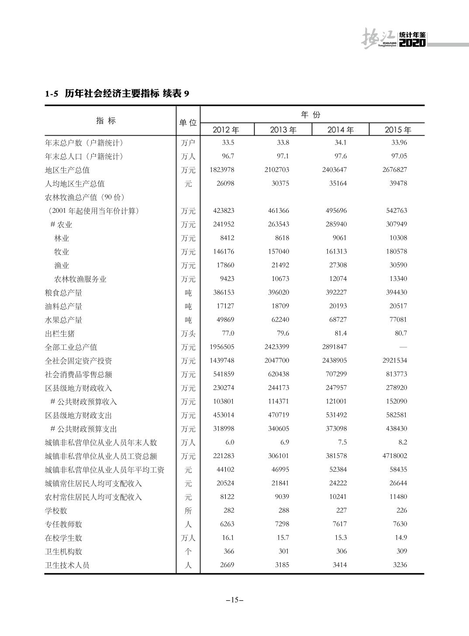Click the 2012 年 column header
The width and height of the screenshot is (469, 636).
tap(226, 130)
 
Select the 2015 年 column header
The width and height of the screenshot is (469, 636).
tap(398, 130)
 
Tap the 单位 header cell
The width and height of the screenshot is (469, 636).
tap(188, 122)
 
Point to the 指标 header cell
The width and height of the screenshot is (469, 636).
tap(106, 121)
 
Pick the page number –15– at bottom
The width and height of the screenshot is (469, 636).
tap(234, 600)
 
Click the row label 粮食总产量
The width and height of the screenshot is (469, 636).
tap(64, 293)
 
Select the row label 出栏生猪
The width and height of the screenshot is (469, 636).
tap(60, 334)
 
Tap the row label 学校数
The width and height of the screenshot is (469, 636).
tap(56, 511)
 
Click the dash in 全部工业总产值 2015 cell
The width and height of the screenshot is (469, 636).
tap(403, 347)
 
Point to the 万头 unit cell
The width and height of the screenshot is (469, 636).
tap(188, 334)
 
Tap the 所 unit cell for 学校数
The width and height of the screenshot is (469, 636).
tap(188, 511)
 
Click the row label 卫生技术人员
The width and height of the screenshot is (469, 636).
tap(67, 565)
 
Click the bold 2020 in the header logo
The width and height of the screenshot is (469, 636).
tap(412, 43)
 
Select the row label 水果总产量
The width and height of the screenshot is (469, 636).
tap(64, 320)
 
